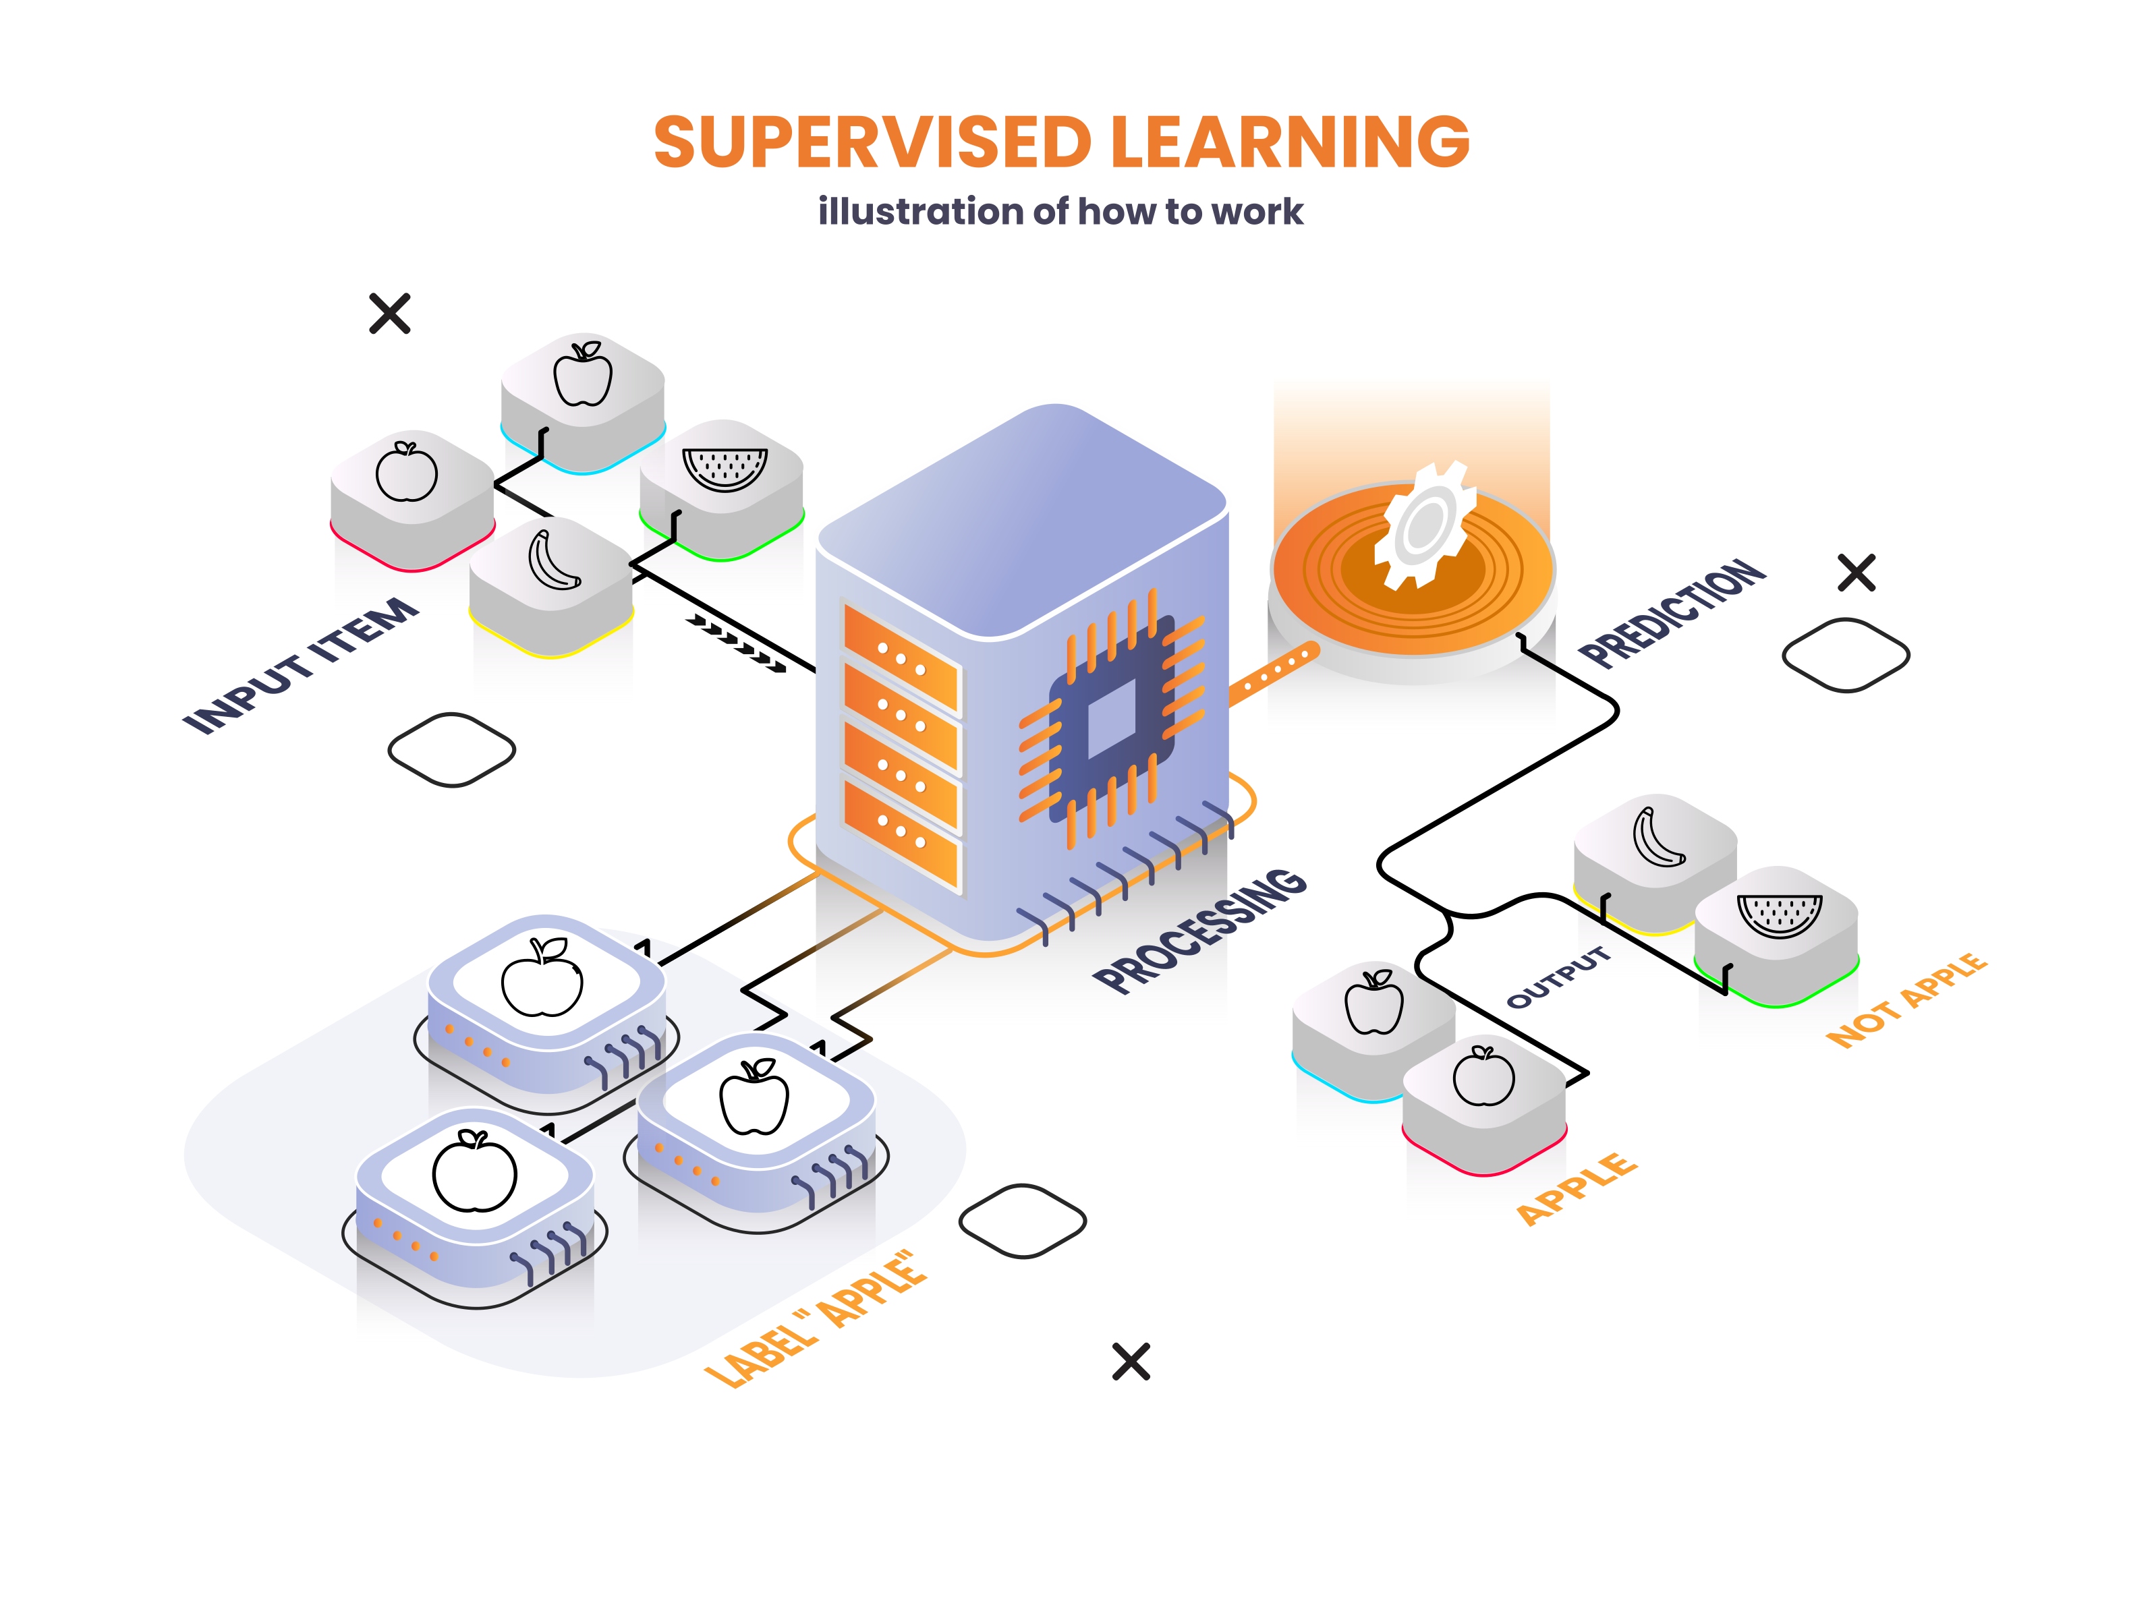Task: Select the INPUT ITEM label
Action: click(301, 665)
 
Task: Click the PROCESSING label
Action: click(1200, 929)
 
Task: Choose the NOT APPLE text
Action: click(1906, 1000)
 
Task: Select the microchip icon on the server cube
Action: click(1111, 718)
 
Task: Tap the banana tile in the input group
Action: click(551, 585)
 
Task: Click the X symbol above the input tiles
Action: click(390, 314)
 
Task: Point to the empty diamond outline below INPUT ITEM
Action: click(451, 750)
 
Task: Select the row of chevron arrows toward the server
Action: click(736, 643)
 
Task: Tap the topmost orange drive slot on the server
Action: click(901, 658)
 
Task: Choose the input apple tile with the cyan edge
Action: click(583, 403)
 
